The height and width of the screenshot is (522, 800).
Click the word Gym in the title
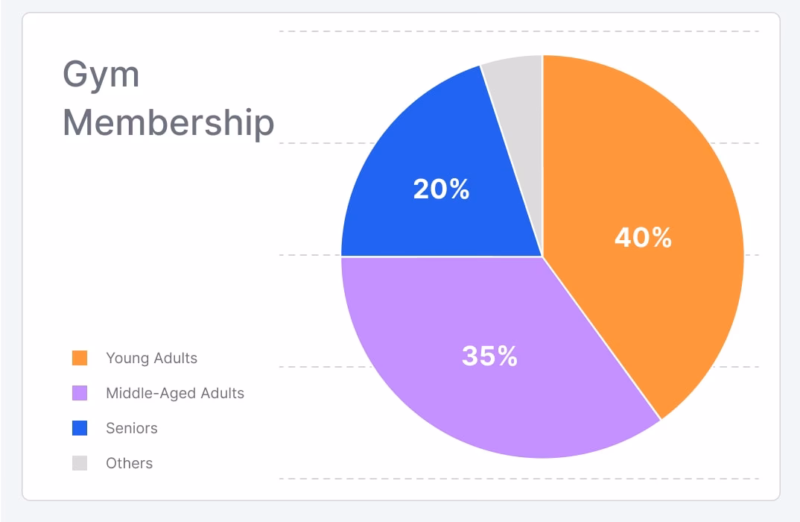point(101,76)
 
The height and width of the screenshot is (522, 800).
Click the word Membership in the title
point(168,124)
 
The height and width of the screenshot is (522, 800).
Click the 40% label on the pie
point(643,238)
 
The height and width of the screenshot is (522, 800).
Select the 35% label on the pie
point(489,356)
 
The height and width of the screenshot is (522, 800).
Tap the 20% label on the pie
point(441,189)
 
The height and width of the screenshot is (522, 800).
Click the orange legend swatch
point(80,358)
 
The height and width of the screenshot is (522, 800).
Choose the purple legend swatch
point(80,393)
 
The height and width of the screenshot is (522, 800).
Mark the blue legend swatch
point(80,428)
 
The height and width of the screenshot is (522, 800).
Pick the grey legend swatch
point(80,463)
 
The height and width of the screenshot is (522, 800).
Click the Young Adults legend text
point(152,358)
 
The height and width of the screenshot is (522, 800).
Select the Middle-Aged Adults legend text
point(175,393)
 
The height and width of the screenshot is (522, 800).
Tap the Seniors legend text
point(132,428)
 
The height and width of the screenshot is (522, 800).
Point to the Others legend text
point(130,463)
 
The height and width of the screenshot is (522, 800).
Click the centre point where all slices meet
point(542,257)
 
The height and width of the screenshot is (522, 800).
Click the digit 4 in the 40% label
point(623,238)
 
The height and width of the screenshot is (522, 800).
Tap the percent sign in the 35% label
point(508,356)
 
